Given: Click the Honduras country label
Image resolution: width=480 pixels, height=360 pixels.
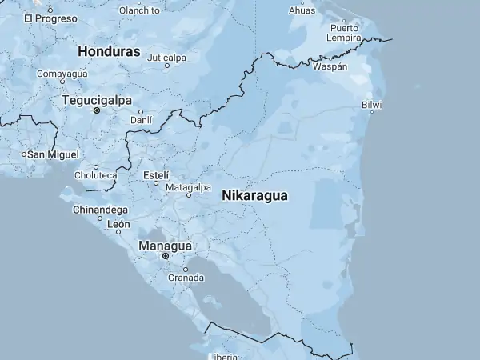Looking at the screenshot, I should pyautogui.click(x=109, y=51).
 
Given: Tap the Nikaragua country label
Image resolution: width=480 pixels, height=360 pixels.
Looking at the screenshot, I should pyautogui.click(x=254, y=195).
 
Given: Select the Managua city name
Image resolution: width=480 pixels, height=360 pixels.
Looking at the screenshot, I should pyautogui.click(x=165, y=246).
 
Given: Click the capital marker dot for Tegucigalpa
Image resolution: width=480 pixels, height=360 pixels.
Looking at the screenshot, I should pyautogui.click(x=97, y=111).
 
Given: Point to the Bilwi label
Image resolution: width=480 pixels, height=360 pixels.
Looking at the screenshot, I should pyautogui.click(x=372, y=105).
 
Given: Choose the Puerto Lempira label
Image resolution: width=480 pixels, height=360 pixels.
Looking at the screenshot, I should pyautogui.click(x=345, y=33).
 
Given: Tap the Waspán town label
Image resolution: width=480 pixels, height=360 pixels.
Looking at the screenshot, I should pyautogui.click(x=330, y=66).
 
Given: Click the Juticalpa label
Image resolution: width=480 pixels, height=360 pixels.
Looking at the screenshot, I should pyautogui.click(x=166, y=58).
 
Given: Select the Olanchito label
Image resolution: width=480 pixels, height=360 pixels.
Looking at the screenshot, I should pyautogui.click(x=139, y=10).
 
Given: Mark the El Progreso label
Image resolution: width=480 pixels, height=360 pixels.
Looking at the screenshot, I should pyautogui.click(x=50, y=18).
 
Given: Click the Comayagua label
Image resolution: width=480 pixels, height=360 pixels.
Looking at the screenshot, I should pyautogui.click(x=62, y=74).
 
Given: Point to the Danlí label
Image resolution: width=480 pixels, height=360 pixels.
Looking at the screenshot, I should pyautogui.click(x=141, y=120).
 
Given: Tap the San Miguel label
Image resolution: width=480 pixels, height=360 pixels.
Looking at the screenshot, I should pyautogui.click(x=54, y=154).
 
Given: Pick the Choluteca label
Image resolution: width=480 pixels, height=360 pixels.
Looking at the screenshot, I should pyautogui.click(x=96, y=175).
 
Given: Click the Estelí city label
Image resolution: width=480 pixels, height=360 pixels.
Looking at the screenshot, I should pyautogui.click(x=156, y=174).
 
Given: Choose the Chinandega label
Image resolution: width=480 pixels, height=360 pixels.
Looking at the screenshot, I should pyautogui.click(x=100, y=210).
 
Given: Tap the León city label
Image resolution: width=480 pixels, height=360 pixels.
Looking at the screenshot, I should pyautogui.click(x=118, y=224).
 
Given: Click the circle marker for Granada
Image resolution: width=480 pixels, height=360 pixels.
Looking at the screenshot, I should pyautogui.click(x=186, y=269).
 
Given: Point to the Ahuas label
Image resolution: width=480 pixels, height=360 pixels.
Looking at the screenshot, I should pyautogui.click(x=302, y=10).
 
